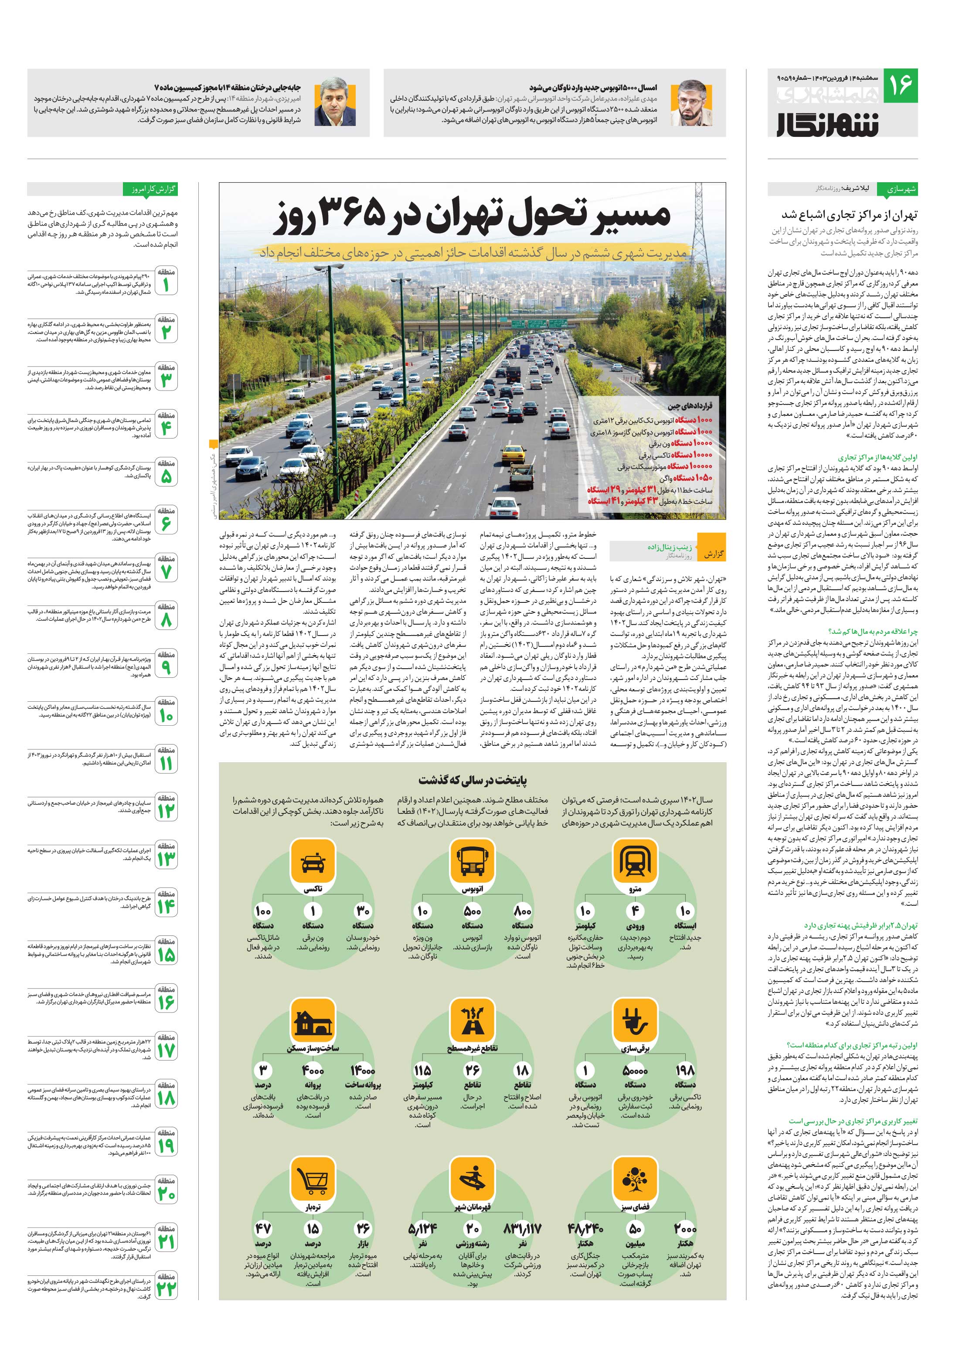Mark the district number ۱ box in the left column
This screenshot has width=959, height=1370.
click(166, 282)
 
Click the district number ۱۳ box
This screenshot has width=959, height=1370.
click(166, 857)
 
